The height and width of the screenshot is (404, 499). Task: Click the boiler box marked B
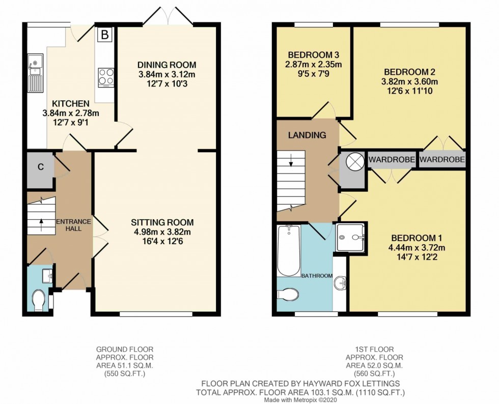(105, 35)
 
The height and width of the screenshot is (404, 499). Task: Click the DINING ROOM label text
(167, 65)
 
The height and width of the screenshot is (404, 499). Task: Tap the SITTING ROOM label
(162, 222)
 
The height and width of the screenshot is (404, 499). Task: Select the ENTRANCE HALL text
(73, 225)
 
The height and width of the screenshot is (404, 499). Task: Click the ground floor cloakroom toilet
(38, 300)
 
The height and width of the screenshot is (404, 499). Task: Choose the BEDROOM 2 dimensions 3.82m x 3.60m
(409, 81)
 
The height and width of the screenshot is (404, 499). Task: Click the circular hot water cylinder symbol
(353, 161)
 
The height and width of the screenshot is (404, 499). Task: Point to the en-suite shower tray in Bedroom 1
(350, 237)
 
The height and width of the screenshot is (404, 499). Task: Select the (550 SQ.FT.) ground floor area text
(125, 373)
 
